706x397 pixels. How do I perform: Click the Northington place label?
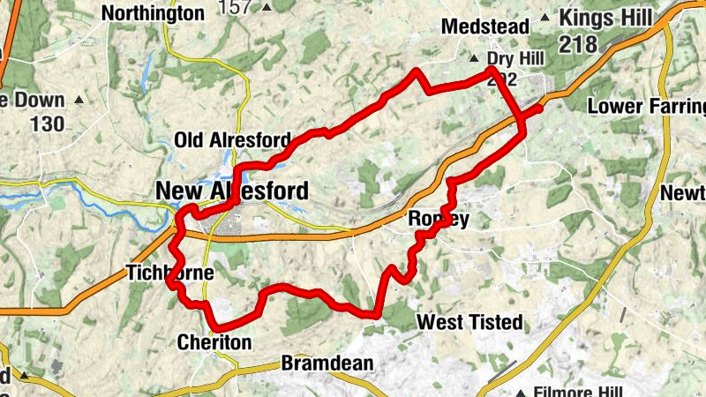pyautogui.click(x=153, y=13)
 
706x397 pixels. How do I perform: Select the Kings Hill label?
pyautogui.click(x=605, y=18)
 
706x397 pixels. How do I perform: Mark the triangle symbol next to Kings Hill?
pyautogui.click(x=545, y=18)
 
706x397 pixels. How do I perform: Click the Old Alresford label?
pyautogui.click(x=232, y=140)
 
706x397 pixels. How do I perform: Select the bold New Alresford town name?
pyautogui.click(x=232, y=191)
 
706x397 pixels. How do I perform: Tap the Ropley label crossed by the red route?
pyautogui.click(x=438, y=219)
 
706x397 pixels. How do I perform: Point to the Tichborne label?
pyautogui.click(x=170, y=273)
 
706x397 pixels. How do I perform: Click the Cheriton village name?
pyautogui.click(x=214, y=341)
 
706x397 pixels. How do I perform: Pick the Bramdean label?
pyautogui.click(x=327, y=363)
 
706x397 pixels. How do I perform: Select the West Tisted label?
pyautogui.click(x=469, y=322)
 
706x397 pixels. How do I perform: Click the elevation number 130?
pyautogui.click(x=47, y=124)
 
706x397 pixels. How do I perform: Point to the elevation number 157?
pyautogui.click(x=236, y=7)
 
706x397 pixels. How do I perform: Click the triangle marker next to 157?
pyautogui.click(x=267, y=7)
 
